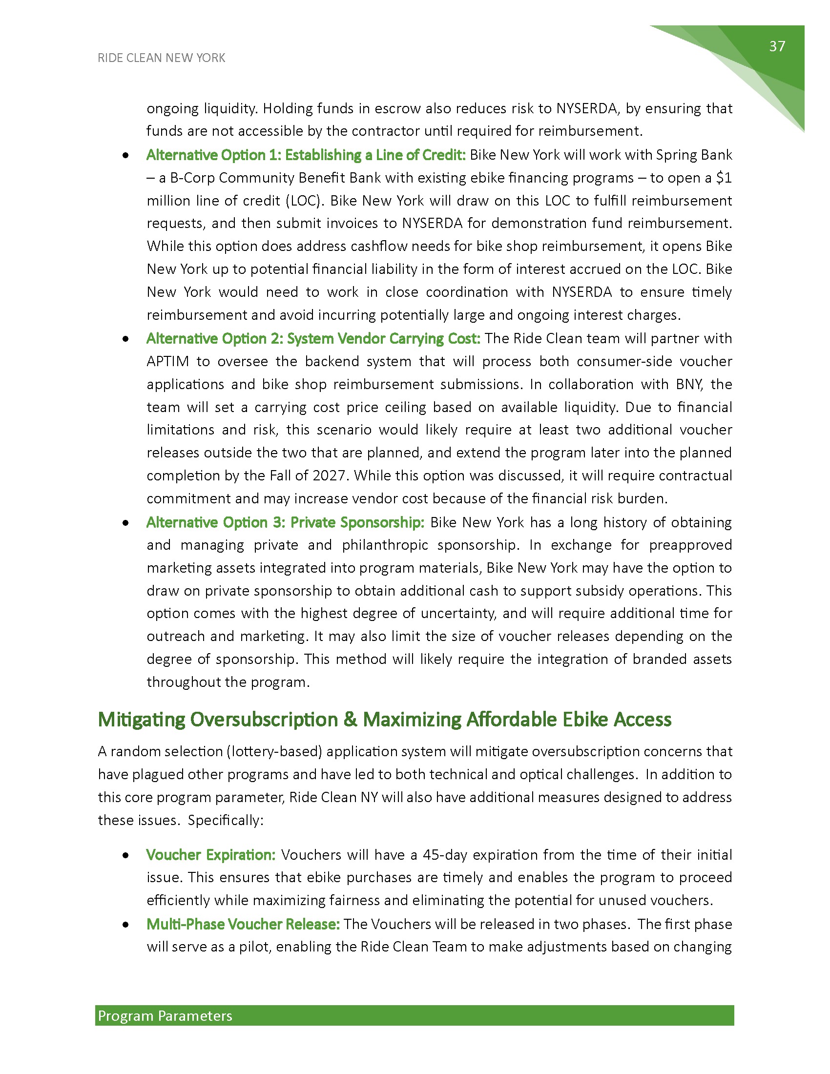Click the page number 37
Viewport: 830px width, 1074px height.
click(x=777, y=46)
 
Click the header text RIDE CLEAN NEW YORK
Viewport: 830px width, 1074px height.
click(x=161, y=58)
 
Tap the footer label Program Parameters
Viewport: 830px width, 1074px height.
click(x=165, y=1015)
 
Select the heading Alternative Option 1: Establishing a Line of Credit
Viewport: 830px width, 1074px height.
click(x=306, y=155)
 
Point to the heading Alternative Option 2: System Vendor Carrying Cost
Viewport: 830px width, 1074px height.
click(x=313, y=338)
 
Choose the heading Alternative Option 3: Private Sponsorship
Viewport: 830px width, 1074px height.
click(x=285, y=522)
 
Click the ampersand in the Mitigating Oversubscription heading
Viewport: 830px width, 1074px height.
click(x=350, y=720)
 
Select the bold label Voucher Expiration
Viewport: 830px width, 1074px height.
click(x=210, y=855)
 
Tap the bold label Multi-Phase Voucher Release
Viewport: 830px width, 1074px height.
click(x=243, y=924)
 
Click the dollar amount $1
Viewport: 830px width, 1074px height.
click(x=723, y=178)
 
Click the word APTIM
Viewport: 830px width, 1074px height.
click(x=167, y=361)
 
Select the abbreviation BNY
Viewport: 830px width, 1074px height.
click(x=689, y=384)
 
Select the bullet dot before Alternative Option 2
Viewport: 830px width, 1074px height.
click(x=126, y=339)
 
